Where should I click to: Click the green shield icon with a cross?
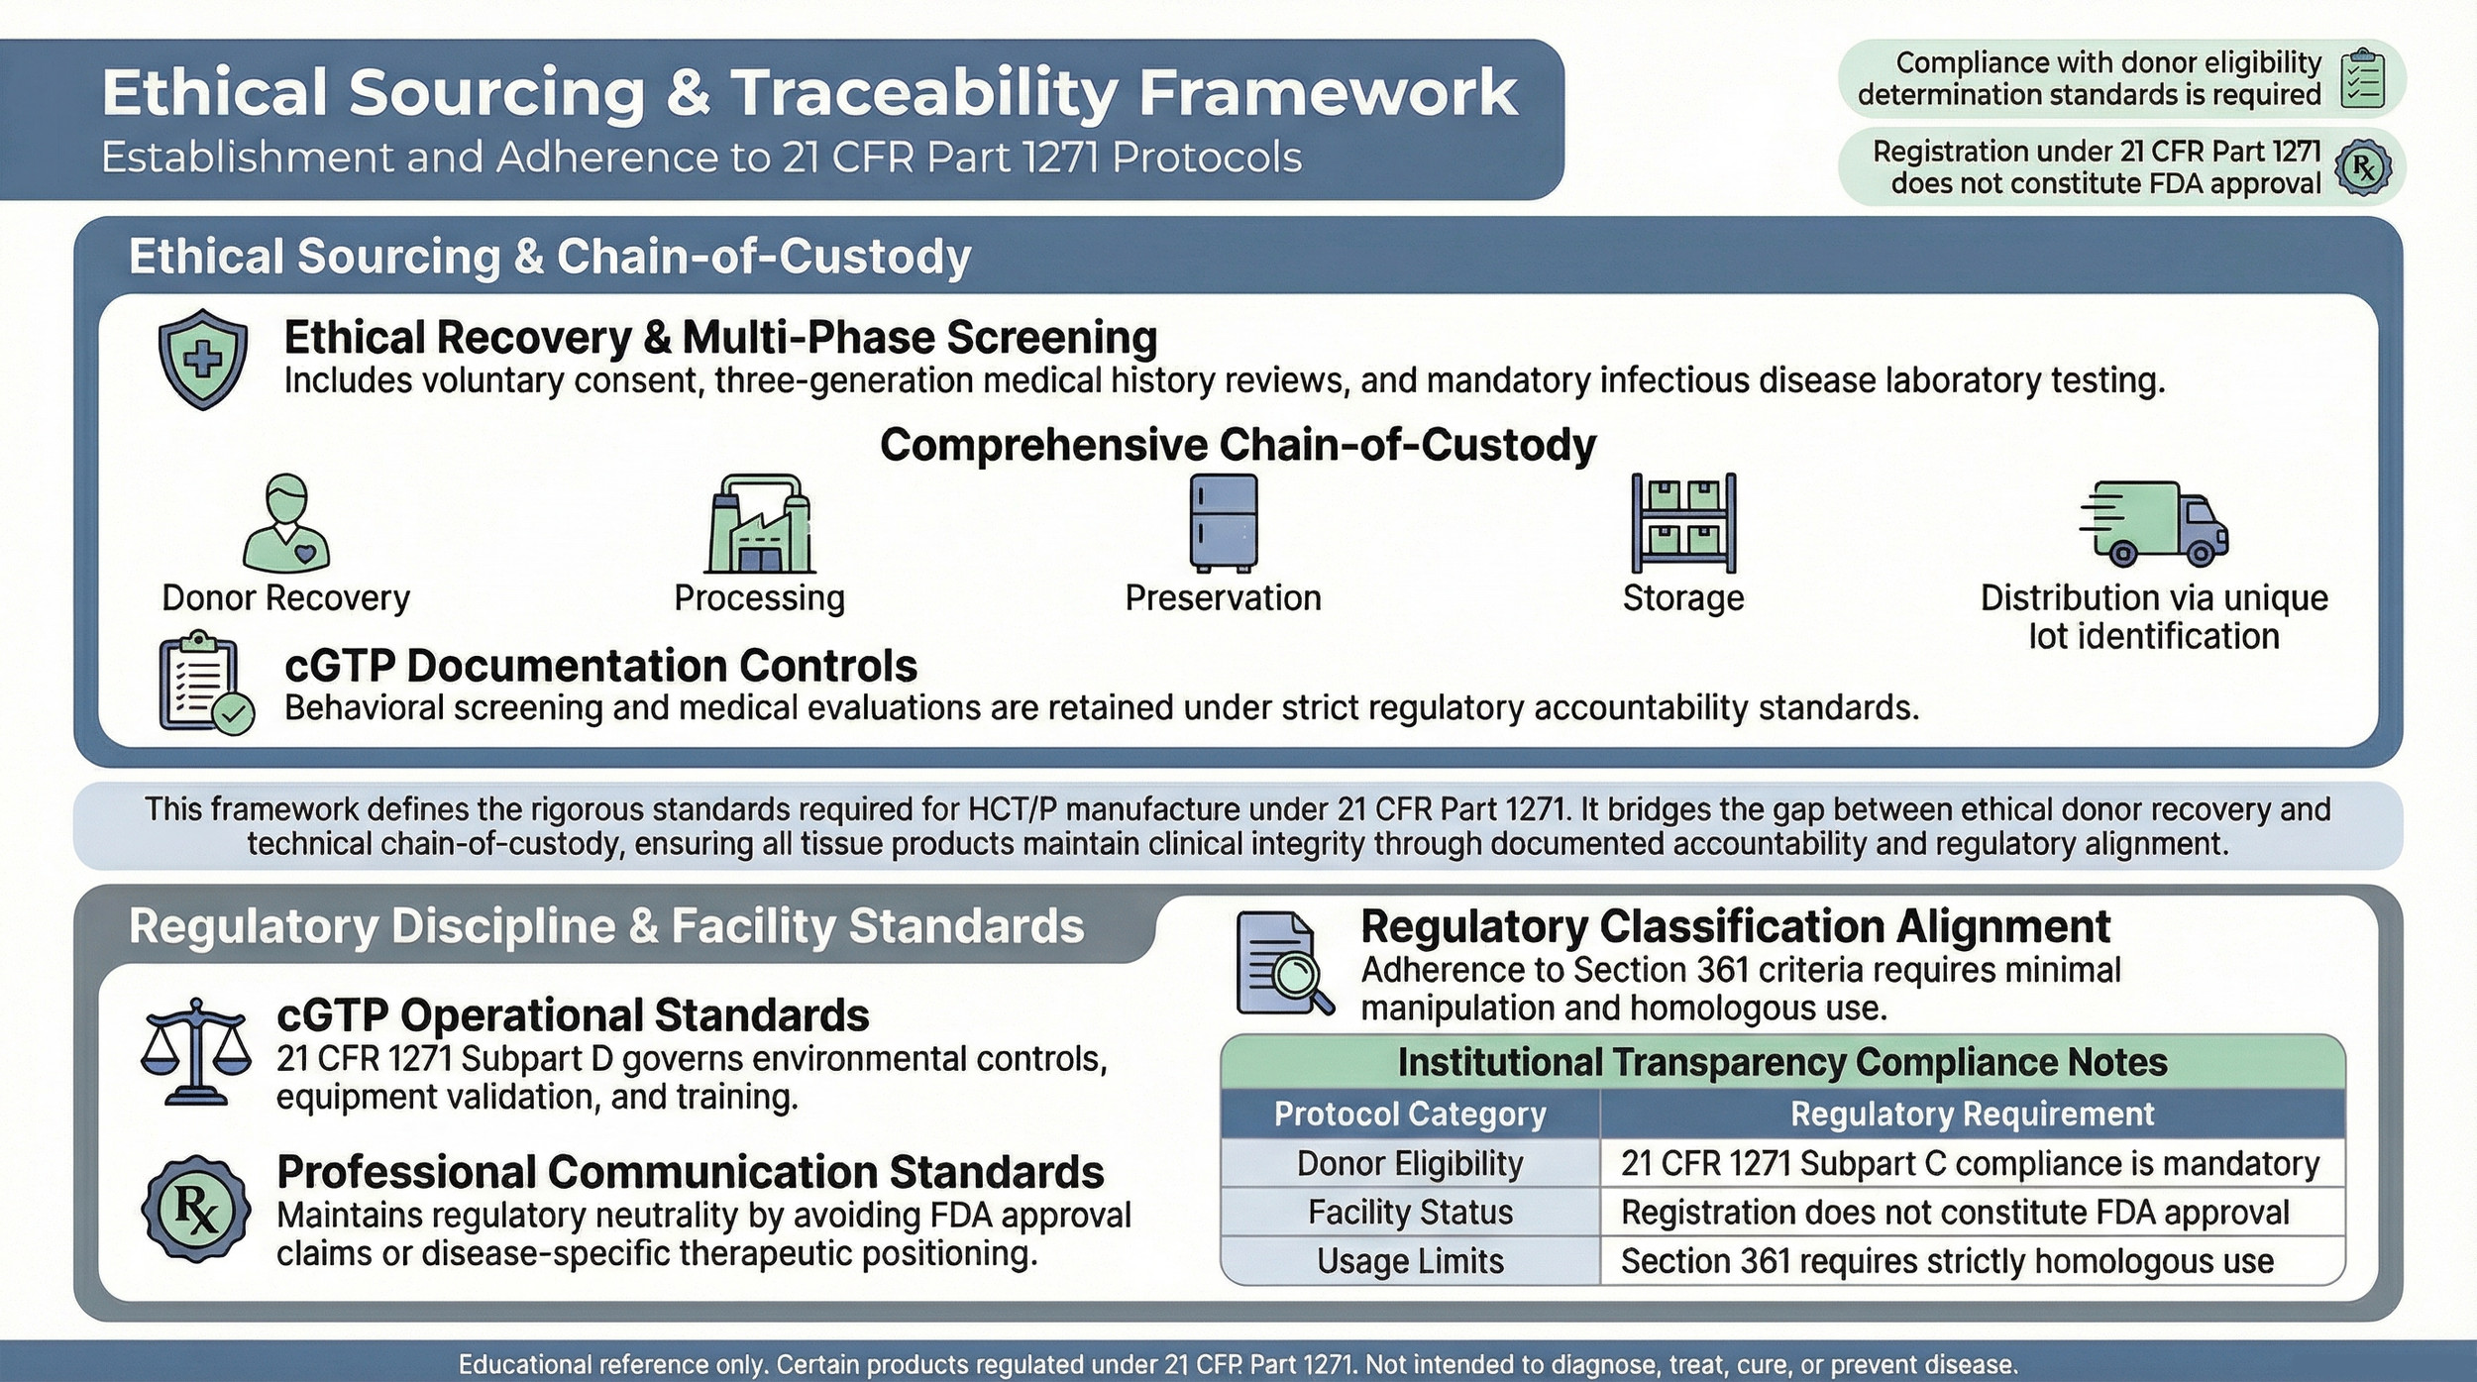click(x=203, y=359)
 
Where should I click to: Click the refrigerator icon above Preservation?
click(x=1224, y=522)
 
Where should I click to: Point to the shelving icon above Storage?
click(x=1683, y=522)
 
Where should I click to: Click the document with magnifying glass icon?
click(x=1284, y=963)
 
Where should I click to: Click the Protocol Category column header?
click(x=1409, y=1114)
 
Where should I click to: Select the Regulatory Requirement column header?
click(x=1972, y=1114)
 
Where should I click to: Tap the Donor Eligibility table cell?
click(x=1409, y=1163)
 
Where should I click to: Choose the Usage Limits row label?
click(x=1409, y=1261)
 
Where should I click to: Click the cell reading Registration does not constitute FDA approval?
click(x=1954, y=1213)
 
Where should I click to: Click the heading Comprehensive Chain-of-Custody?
click(x=1238, y=444)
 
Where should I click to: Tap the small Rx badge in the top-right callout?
click(x=2363, y=167)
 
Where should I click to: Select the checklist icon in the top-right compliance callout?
click(x=2362, y=78)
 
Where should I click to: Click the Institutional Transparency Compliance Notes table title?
click(x=1781, y=1062)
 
